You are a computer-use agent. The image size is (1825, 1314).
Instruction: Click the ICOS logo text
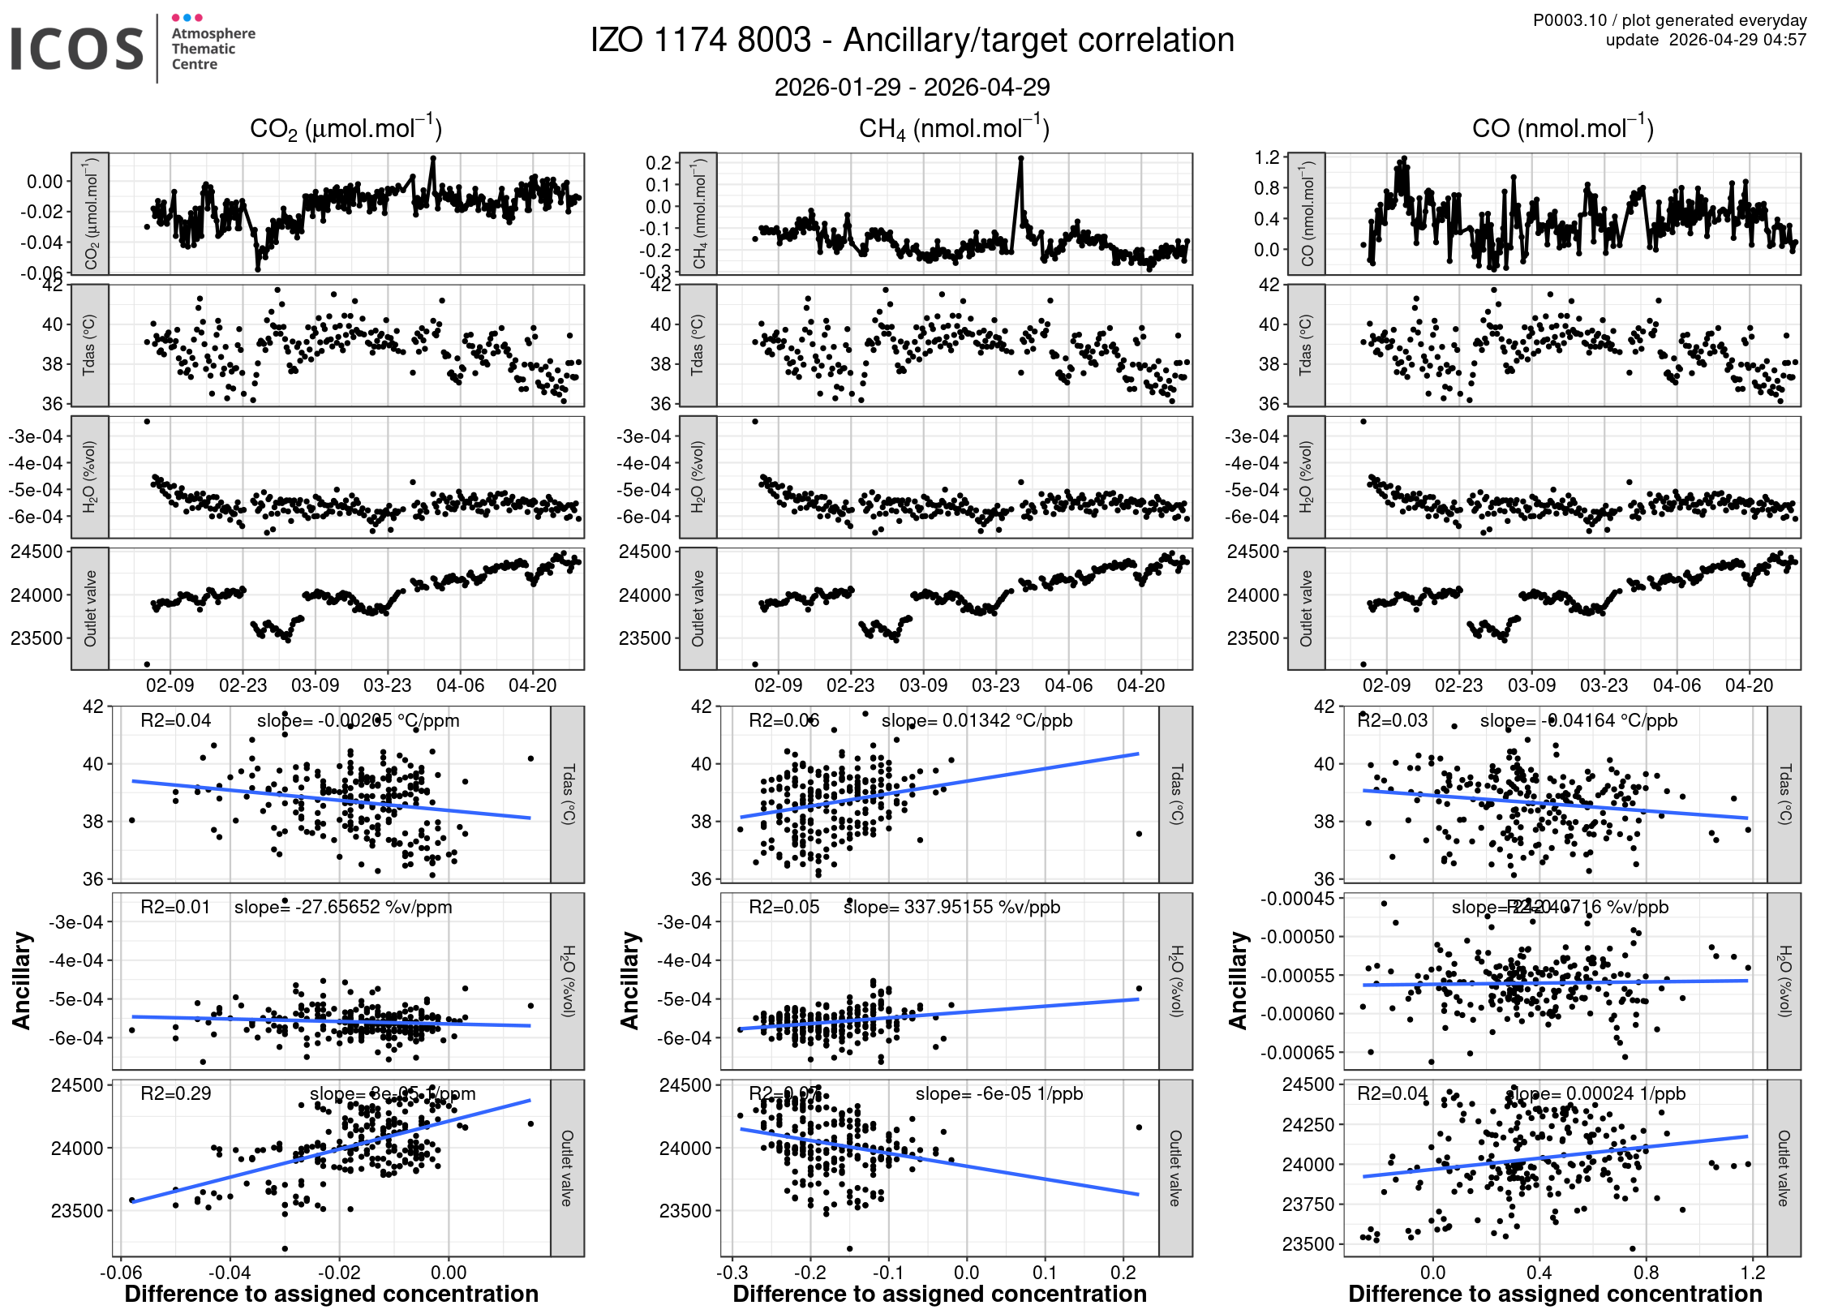[77, 49]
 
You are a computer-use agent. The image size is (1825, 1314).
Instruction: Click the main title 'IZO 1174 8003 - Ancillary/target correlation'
[912, 41]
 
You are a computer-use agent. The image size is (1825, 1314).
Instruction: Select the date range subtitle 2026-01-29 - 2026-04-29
[912, 87]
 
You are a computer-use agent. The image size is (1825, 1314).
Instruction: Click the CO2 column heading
[346, 129]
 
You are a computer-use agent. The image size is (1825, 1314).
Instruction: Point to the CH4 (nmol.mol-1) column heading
[954, 129]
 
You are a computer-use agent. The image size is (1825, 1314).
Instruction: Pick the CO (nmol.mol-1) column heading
[1562, 129]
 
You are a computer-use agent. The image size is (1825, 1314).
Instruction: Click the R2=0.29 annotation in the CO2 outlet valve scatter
[176, 1093]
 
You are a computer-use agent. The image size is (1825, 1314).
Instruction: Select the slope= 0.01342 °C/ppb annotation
[977, 720]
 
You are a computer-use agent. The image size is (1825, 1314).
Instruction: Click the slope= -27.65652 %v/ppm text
[343, 907]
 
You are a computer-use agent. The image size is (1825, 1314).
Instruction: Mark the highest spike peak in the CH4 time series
[1020, 159]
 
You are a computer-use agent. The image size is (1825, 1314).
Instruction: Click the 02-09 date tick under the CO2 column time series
[170, 685]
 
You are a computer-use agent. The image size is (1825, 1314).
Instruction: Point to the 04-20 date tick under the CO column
[1749, 685]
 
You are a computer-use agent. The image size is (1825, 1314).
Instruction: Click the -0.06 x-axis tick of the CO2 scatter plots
[120, 1272]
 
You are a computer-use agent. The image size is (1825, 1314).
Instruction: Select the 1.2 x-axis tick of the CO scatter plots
[1753, 1272]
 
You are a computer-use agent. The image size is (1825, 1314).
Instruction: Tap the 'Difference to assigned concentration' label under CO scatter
[1555, 1294]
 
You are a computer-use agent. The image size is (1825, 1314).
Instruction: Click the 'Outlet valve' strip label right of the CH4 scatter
[1174, 1168]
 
